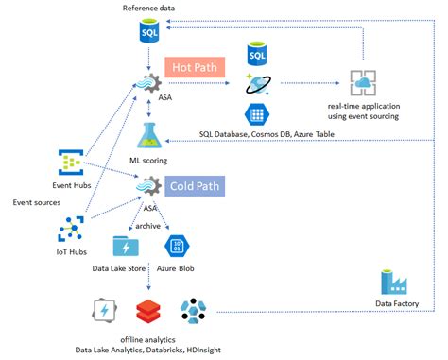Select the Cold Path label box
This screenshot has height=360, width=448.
[195, 186]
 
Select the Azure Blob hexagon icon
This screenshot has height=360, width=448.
[179, 248]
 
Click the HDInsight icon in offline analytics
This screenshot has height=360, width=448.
[196, 311]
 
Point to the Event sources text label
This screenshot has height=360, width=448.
[37, 202]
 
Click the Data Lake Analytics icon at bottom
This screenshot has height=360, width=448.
[103, 311]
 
